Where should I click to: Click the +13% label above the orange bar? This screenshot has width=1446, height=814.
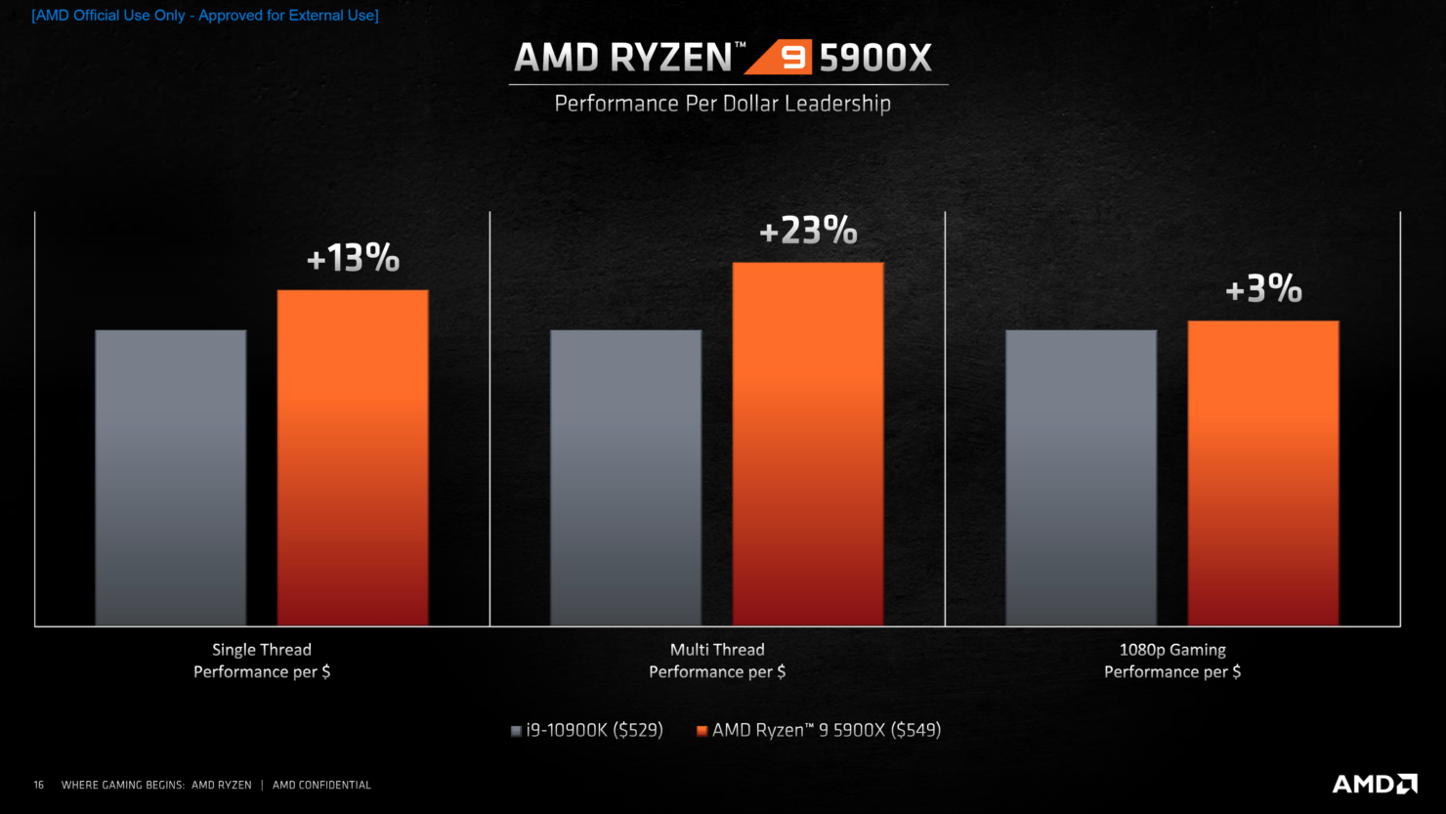tap(353, 258)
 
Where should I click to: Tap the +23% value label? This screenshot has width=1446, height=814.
tap(808, 231)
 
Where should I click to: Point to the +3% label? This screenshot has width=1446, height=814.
tap(1263, 288)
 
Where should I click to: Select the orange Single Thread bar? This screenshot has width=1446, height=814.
tap(353, 457)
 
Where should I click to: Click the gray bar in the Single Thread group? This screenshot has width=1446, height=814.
tap(170, 478)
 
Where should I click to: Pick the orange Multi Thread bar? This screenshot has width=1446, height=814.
tap(808, 444)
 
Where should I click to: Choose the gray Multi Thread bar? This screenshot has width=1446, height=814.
tap(625, 478)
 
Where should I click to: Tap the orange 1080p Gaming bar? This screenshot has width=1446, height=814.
tap(1263, 473)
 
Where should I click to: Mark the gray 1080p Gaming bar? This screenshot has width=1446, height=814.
tap(1082, 478)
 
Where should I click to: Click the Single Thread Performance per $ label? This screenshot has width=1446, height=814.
tap(262, 661)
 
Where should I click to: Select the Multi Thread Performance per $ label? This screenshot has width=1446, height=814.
tap(717, 661)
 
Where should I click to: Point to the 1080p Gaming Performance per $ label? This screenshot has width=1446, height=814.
tap(1172, 661)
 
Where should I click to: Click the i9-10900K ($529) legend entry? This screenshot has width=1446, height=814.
tap(587, 730)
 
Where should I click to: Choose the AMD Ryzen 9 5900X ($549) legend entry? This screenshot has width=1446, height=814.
tap(819, 730)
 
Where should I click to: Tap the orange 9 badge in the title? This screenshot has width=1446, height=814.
tap(779, 58)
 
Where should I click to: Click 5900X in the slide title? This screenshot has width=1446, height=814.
tap(875, 58)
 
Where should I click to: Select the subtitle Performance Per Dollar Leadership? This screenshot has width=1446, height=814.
tap(722, 104)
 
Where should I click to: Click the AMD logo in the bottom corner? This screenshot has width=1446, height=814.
tap(1375, 784)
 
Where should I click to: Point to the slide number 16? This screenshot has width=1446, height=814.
tap(39, 785)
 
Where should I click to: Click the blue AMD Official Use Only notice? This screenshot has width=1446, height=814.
tap(205, 15)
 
